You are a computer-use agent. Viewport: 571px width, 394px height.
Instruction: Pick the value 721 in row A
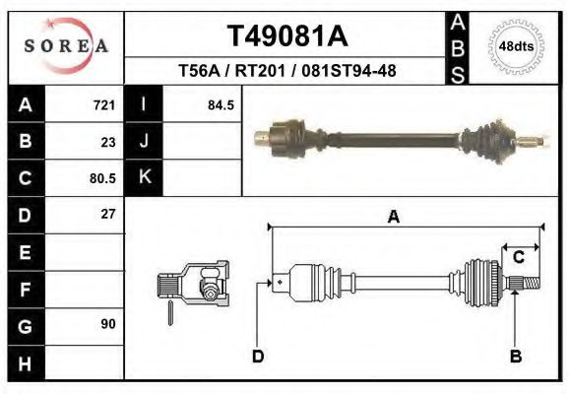pyautogui.click(x=103, y=104)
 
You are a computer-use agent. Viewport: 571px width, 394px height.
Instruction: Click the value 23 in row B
pyautogui.click(x=107, y=141)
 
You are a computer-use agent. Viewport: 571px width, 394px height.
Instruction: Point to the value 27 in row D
pyautogui.click(x=107, y=214)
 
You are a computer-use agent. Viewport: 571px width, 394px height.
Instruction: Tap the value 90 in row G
pyautogui.click(x=107, y=324)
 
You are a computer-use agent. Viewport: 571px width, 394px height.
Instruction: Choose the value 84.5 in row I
pyautogui.click(x=221, y=104)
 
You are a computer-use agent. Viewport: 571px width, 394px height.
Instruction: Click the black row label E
pyautogui.click(x=25, y=252)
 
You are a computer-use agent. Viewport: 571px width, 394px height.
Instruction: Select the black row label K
pyautogui.click(x=144, y=178)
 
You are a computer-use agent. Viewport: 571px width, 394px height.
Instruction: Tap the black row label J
pyautogui.click(x=144, y=141)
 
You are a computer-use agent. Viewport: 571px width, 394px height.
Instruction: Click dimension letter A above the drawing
pyautogui.click(x=393, y=218)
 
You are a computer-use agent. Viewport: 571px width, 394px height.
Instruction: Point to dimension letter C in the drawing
pyautogui.click(x=517, y=258)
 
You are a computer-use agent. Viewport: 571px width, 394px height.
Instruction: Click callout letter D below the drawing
pyautogui.click(x=258, y=357)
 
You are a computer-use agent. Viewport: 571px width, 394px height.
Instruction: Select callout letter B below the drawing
pyautogui.click(x=515, y=357)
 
